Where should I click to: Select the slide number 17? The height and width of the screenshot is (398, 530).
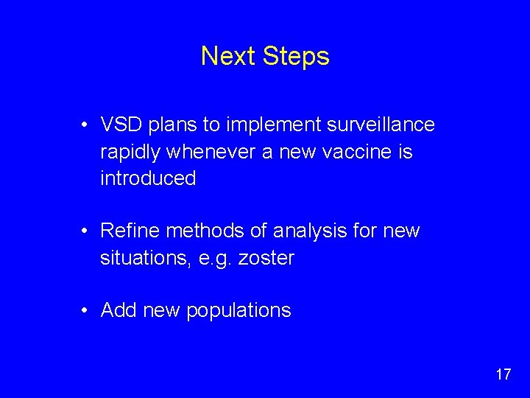click(503, 374)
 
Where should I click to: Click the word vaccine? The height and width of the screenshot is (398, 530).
click(358, 152)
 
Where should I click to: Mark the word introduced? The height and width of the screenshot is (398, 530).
click(148, 178)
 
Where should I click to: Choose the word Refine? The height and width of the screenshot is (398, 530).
click(130, 231)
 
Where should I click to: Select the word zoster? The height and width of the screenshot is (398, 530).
click(266, 258)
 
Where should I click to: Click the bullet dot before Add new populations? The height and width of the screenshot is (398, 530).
click(86, 310)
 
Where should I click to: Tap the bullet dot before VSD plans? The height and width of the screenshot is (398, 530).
click(86, 125)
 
